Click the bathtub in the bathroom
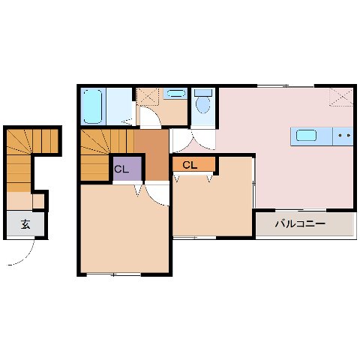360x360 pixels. click(93, 106)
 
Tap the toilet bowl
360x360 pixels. click(202, 105)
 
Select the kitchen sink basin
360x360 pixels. click(306, 136)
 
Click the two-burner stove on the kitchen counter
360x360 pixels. click(343, 136)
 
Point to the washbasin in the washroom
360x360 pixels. click(175, 94)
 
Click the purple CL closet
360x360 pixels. click(127, 169)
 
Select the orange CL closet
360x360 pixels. click(193, 164)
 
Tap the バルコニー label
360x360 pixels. click(300, 223)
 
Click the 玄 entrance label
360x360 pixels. click(25, 223)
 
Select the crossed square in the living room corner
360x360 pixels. click(341, 97)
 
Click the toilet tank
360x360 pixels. click(202, 92)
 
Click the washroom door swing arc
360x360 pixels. click(154, 115)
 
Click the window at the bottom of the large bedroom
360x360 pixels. click(113, 274)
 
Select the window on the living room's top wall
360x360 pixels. click(286, 85)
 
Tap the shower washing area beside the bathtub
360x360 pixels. click(119, 106)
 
